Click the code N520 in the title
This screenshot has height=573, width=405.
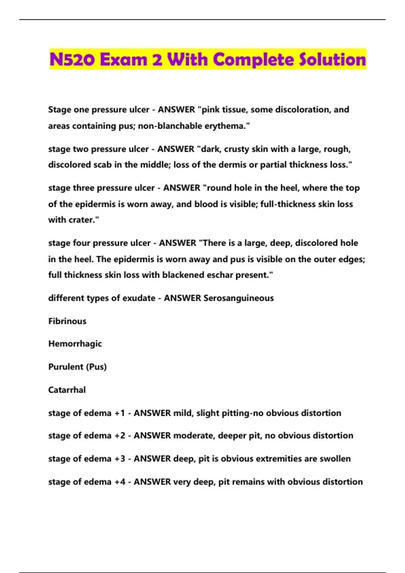[x=72, y=60]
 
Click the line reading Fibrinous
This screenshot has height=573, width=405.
[x=67, y=321]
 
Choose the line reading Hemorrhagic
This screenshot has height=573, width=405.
[x=75, y=344]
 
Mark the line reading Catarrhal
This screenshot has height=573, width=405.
[x=67, y=390]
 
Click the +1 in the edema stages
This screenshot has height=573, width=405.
[x=120, y=413]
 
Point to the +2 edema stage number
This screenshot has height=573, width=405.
[x=120, y=436]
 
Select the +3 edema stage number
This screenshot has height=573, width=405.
[x=120, y=459]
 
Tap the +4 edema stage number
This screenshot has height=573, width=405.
[x=120, y=482]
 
